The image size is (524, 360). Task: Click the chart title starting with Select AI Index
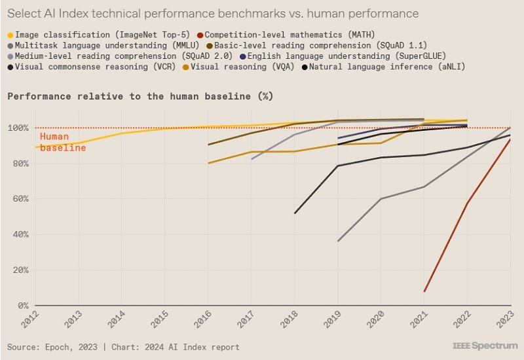click(214, 13)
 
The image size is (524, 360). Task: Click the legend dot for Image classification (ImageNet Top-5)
click(10, 35)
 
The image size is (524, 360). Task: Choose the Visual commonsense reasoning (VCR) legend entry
click(94, 67)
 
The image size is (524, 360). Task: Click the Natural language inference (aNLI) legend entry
click(386, 67)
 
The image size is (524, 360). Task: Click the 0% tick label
click(22, 306)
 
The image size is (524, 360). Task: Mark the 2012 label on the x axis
click(30, 321)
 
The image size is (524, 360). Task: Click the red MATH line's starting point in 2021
click(424, 292)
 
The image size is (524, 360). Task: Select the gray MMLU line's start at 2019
click(338, 242)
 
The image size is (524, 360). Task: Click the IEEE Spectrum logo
click(484, 346)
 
